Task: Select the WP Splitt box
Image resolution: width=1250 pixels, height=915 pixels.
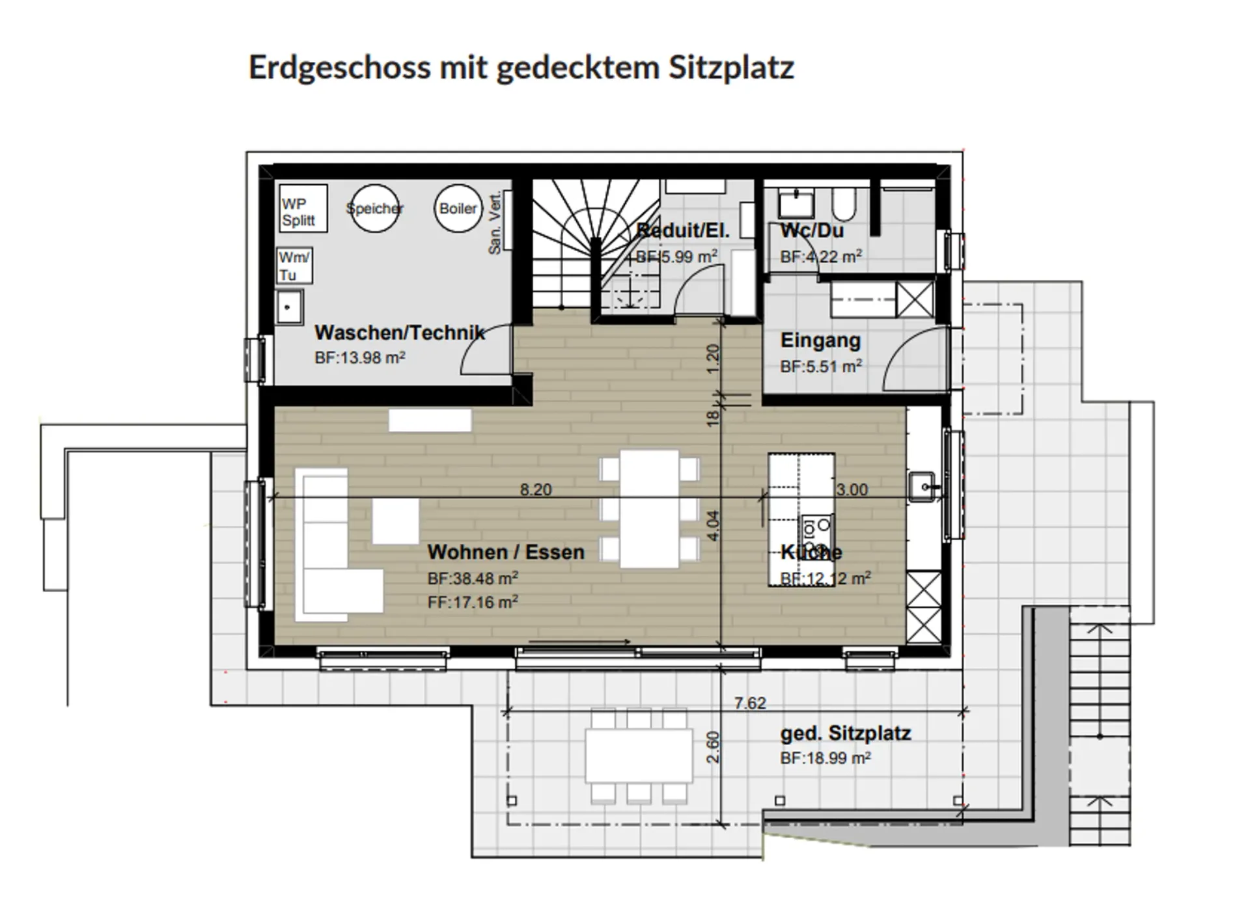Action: (303, 208)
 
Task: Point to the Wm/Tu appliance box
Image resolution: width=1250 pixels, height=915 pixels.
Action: (294, 266)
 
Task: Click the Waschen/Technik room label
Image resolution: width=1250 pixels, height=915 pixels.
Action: (400, 333)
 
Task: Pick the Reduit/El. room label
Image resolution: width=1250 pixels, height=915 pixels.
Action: (683, 230)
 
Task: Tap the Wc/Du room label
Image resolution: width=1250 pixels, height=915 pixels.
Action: (812, 230)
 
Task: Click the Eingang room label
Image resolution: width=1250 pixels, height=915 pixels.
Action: (820, 340)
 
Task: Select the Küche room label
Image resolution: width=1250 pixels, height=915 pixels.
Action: (811, 553)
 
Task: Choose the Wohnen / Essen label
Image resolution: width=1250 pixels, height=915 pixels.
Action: (506, 553)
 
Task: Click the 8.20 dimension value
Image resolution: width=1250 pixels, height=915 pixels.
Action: (536, 489)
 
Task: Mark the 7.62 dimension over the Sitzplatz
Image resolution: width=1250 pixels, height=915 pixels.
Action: (750, 703)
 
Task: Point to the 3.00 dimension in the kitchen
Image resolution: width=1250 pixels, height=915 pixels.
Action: (852, 489)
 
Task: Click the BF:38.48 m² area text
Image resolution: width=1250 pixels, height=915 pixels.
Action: (473, 579)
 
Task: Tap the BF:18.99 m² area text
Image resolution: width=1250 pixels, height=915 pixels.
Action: (826, 758)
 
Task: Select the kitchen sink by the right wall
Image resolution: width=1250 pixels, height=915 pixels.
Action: (923, 487)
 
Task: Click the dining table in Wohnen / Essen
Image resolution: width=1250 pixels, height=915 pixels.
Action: (649, 509)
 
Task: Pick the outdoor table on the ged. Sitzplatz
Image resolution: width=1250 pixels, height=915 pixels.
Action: (639, 756)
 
